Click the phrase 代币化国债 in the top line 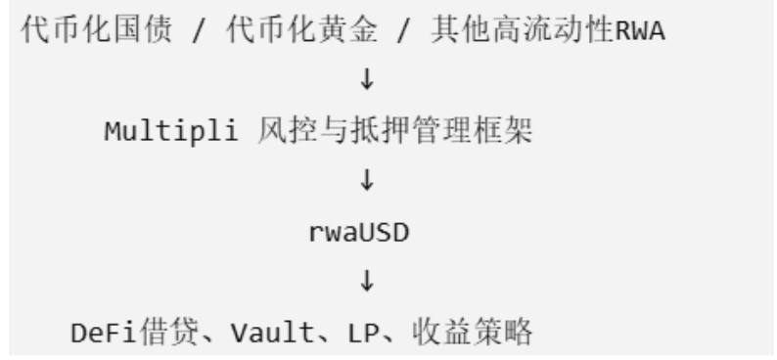pos(97,29)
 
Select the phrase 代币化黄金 pos(301,29)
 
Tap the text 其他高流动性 pos(523,29)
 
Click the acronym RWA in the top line pos(639,30)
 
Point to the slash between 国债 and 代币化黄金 pos(199,30)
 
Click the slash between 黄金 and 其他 pos(403,30)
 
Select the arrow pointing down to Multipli pos(367,78)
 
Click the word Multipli pos(171,132)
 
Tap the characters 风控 pos(288,131)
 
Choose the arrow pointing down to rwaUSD pos(367,180)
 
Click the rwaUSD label pos(359,233)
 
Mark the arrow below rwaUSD pos(367,281)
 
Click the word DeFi pos(103,333)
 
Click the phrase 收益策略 pos(473,332)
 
